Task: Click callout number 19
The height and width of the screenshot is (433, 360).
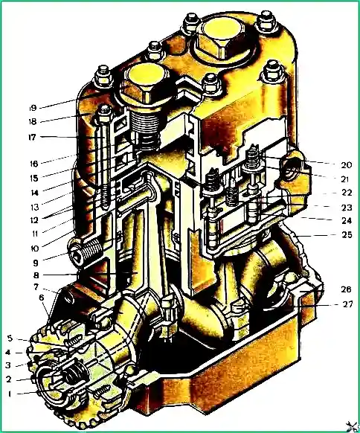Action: tap(33, 108)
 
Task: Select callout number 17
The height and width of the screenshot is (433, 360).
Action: tap(32, 137)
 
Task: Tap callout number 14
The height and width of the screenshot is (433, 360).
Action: tap(34, 193)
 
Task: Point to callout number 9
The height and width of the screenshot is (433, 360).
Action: tap(36, 263)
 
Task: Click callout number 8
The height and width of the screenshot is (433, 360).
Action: tap(36, 275)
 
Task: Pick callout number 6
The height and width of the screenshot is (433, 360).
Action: tap(42, 298)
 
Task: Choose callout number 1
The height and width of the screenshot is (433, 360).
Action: tap(10, 394)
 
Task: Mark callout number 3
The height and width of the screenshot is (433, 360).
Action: tap(8, 365)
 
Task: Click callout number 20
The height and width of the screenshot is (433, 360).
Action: tap(347, 165)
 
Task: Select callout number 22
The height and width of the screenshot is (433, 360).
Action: tap(347, 193)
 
